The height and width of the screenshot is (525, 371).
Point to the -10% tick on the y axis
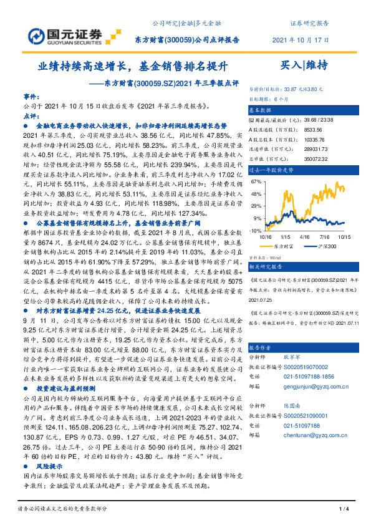pos(256,230)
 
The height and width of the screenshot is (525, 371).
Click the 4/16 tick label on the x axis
pos(306,237)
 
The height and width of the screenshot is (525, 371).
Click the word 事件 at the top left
pos(31,98)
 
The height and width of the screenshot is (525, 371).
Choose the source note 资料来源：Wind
pos(266,256)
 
